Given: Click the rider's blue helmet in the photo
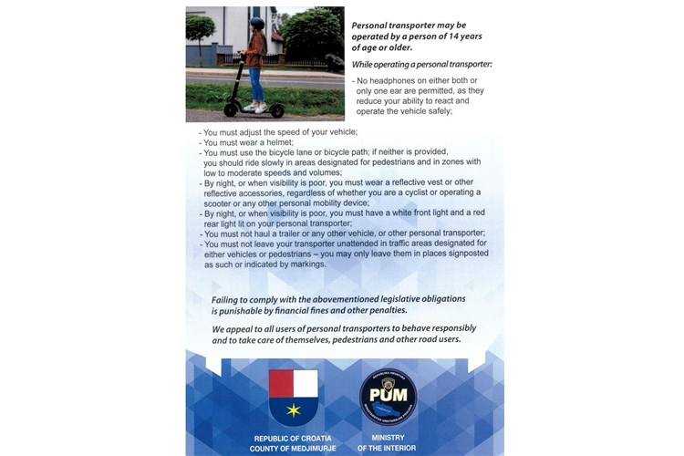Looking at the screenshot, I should coord(256,24).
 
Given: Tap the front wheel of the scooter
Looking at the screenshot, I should coord(276,110).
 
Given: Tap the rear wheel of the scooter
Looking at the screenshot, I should coord(231,109).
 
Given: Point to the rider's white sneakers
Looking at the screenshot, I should coord(256,107).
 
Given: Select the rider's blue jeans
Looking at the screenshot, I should coord(256,83).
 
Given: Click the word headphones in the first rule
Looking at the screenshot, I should coord(393,82).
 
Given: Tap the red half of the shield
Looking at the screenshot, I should coord(281,383).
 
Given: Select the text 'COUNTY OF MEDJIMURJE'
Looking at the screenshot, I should coord(293,449).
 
